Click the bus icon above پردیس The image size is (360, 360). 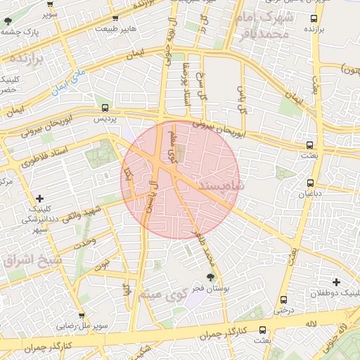(105, 108)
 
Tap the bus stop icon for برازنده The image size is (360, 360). (314, 19)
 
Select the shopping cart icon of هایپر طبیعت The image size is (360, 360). (115, 19)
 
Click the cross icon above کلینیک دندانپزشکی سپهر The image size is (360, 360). (39, 198)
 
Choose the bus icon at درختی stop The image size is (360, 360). (283, 299)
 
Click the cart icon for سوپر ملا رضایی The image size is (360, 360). (82, 316)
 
